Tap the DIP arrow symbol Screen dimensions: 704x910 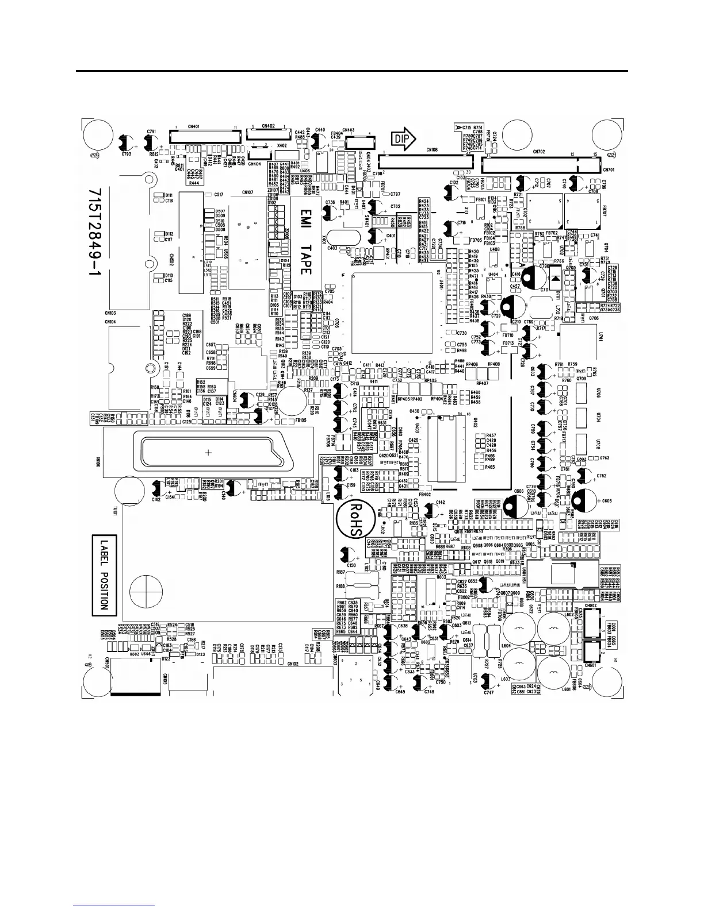[404, 138]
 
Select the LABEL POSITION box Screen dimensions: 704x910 [104, 575]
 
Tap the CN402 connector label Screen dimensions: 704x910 [268, 125]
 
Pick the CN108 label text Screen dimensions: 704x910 [432, 150]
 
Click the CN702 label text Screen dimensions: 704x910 [539, 151]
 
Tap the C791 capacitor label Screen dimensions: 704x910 [152, 132]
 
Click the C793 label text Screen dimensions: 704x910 [127, 155]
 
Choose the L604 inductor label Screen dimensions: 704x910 [506, 646]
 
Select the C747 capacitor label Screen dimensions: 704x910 [489, 693]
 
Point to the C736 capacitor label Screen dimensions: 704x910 [330, 203]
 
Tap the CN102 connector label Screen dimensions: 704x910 [293, 664]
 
